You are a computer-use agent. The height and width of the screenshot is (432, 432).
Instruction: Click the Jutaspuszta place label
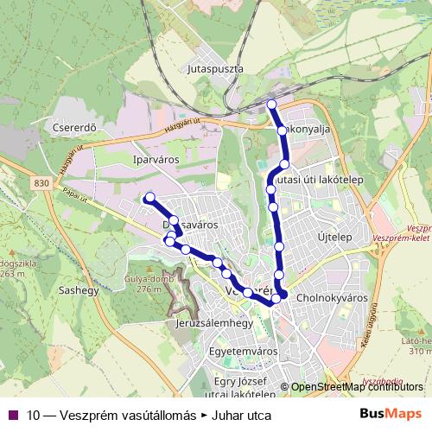[215, 67]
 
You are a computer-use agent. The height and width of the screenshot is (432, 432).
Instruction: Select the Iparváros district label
[132, 160]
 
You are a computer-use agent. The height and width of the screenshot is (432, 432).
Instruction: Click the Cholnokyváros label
[332, 298]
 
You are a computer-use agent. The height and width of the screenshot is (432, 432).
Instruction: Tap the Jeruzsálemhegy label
[213, 323]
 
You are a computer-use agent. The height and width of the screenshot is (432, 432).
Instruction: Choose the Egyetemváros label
[244, 353]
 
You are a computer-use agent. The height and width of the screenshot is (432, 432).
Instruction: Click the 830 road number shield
[43, 183]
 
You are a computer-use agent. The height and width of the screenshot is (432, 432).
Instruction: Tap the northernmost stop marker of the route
[271, 105]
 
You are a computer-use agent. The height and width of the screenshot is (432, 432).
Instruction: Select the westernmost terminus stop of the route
[149, 198]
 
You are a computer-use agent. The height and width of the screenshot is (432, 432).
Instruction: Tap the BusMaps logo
[391, 415]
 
